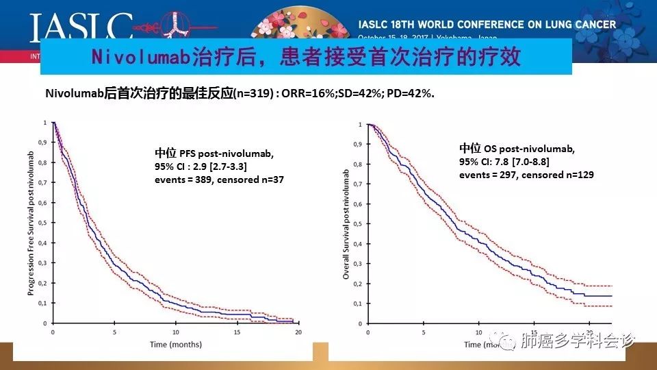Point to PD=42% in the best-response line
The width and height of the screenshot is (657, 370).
(411, 94)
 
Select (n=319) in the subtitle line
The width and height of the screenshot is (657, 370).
(253, 94)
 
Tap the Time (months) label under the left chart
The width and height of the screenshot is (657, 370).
(176, 344)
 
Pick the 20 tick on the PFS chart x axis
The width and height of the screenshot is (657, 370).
(298, 332)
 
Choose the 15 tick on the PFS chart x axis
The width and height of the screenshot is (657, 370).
(237, 332)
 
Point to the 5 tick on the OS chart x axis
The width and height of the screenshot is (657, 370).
(424, 333)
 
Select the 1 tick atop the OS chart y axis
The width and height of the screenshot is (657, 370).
(361, 124)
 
